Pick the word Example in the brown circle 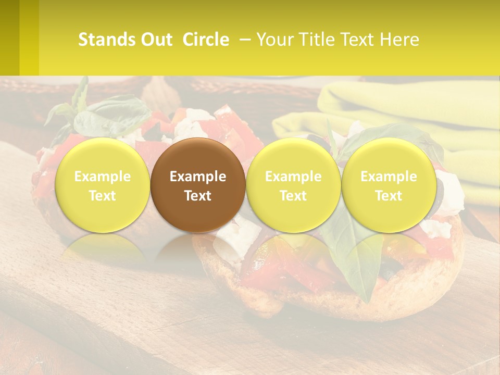pos(198,177)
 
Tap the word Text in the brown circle pos(198,196)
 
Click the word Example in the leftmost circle pos(103,177)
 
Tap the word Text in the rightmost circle pos(389,196)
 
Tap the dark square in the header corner pos(9,37)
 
